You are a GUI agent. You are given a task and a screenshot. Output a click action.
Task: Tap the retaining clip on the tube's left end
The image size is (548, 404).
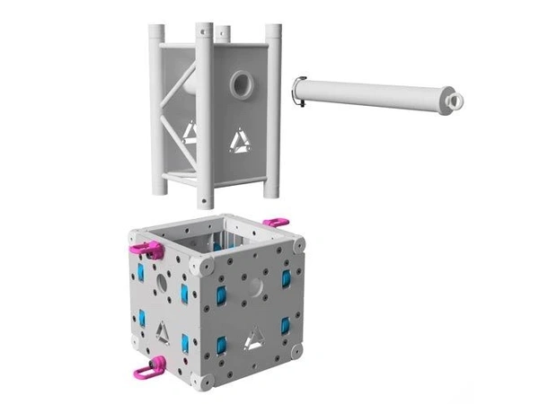300,92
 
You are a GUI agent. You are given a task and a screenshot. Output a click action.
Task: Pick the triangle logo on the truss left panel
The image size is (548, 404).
190,134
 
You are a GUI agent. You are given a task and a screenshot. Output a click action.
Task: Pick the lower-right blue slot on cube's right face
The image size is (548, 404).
286,325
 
